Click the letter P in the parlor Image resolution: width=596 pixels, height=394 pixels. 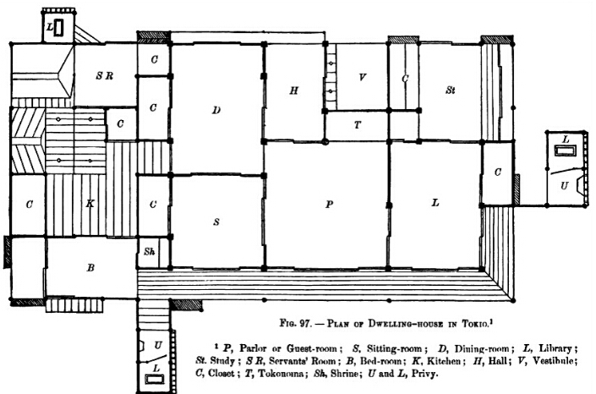coord(329,205)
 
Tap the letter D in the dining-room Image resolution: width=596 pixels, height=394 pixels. coord(216,110)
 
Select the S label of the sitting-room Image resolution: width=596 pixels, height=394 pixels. coord(216,222)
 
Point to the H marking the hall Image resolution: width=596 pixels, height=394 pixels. coord(294,90)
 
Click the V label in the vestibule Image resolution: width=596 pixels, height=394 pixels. coord(362,77)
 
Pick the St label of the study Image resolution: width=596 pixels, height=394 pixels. coord(450,90)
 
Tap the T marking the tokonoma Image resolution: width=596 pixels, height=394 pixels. coord(357,125)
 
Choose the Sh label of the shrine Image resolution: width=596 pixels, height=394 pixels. coord(149,251)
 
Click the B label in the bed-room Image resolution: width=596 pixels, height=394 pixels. coord(90,268)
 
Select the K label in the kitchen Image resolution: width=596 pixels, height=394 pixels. coord(90,204)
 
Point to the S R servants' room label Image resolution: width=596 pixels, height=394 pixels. coord(105,76)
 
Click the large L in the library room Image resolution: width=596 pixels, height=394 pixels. coord(435,203)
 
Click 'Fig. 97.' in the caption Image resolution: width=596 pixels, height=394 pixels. coord(297,324)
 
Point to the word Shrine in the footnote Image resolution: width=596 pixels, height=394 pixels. coord(344,373)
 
